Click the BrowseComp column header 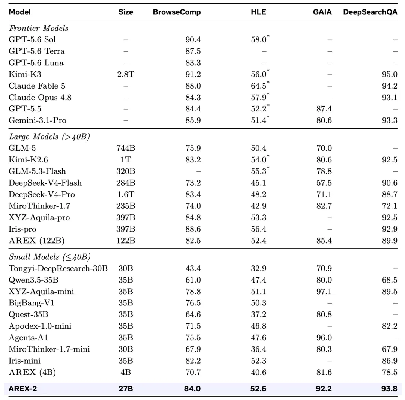(177, 12)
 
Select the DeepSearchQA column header (370, 12)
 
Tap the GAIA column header (322, 12)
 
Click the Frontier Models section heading (39, 28)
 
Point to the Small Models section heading (49, 257)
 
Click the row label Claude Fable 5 (37, 86)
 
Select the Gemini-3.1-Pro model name (37, 120)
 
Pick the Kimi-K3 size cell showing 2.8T (126, 74)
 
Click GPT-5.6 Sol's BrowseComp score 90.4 (193, 39)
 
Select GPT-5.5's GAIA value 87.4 (324, 109)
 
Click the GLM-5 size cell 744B (126, 148)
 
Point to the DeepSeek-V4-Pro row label (42, 194)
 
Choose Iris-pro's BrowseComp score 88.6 (193, 229)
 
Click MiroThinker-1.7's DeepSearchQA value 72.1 (390, 206)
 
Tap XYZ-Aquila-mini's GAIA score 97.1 (324, 292)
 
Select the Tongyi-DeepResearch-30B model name (58, 268)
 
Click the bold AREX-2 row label (23, 389)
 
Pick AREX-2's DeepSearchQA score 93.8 (389, 389)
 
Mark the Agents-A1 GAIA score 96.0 (324, 338)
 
